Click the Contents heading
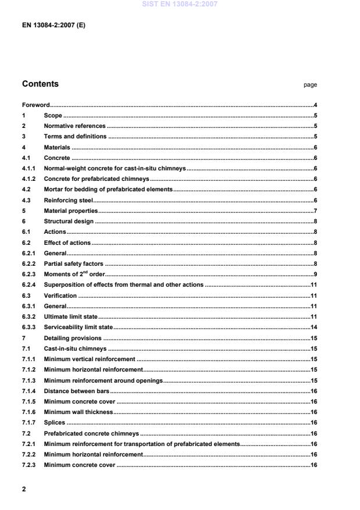[x=40, y=84]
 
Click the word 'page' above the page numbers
[x=310, y=85]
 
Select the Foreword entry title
[x=35, y=105]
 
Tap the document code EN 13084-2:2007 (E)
[x=54, y=26]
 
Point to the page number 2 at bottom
[x=24, y=489]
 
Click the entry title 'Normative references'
[x=74, y=126]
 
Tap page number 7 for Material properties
[x=315, y=211]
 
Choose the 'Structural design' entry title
[x=69, y=221]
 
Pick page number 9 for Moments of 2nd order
[x=315, y=274]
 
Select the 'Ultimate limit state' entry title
[x=70, y=316]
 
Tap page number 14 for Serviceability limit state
[x=313, y=327]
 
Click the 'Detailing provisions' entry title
[x=73, y=337]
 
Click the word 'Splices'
[x=54, y=423]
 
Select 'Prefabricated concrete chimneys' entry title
[x=91, y=433]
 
